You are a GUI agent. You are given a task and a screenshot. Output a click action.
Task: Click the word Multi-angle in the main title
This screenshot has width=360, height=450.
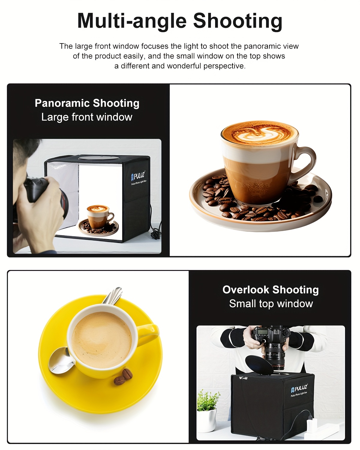pyautogui.click(x=132, y=21)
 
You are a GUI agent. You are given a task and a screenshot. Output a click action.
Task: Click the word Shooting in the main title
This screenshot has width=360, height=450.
pyautogui.click(x=238, y=21)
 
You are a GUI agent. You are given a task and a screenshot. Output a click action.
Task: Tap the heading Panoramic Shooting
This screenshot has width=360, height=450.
pyautogui.click(x=87, y=103)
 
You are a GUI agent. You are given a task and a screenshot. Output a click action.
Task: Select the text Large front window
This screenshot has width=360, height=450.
pyautogui.click(x=87, y=117)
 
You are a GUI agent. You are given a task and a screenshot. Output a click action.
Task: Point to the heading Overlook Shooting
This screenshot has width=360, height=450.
pyautogui.click(x=271, y=290)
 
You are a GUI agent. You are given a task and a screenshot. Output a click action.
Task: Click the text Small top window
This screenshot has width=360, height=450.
pyautogui.click(x=271, y=304)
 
